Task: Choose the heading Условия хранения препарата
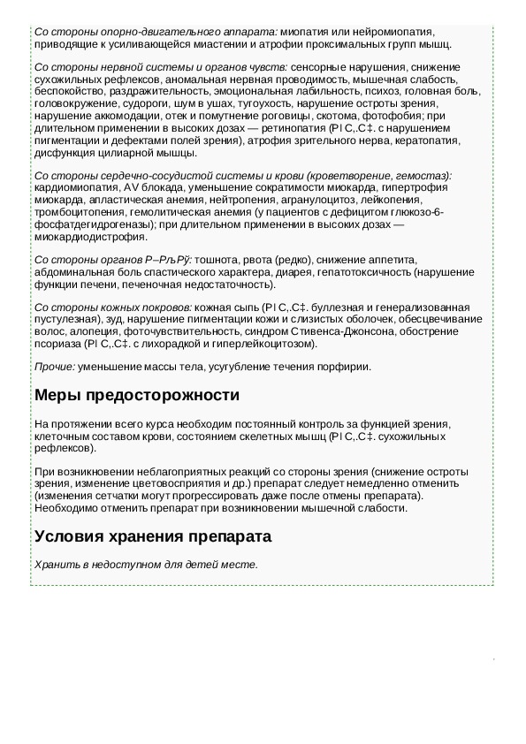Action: [152, 536]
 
